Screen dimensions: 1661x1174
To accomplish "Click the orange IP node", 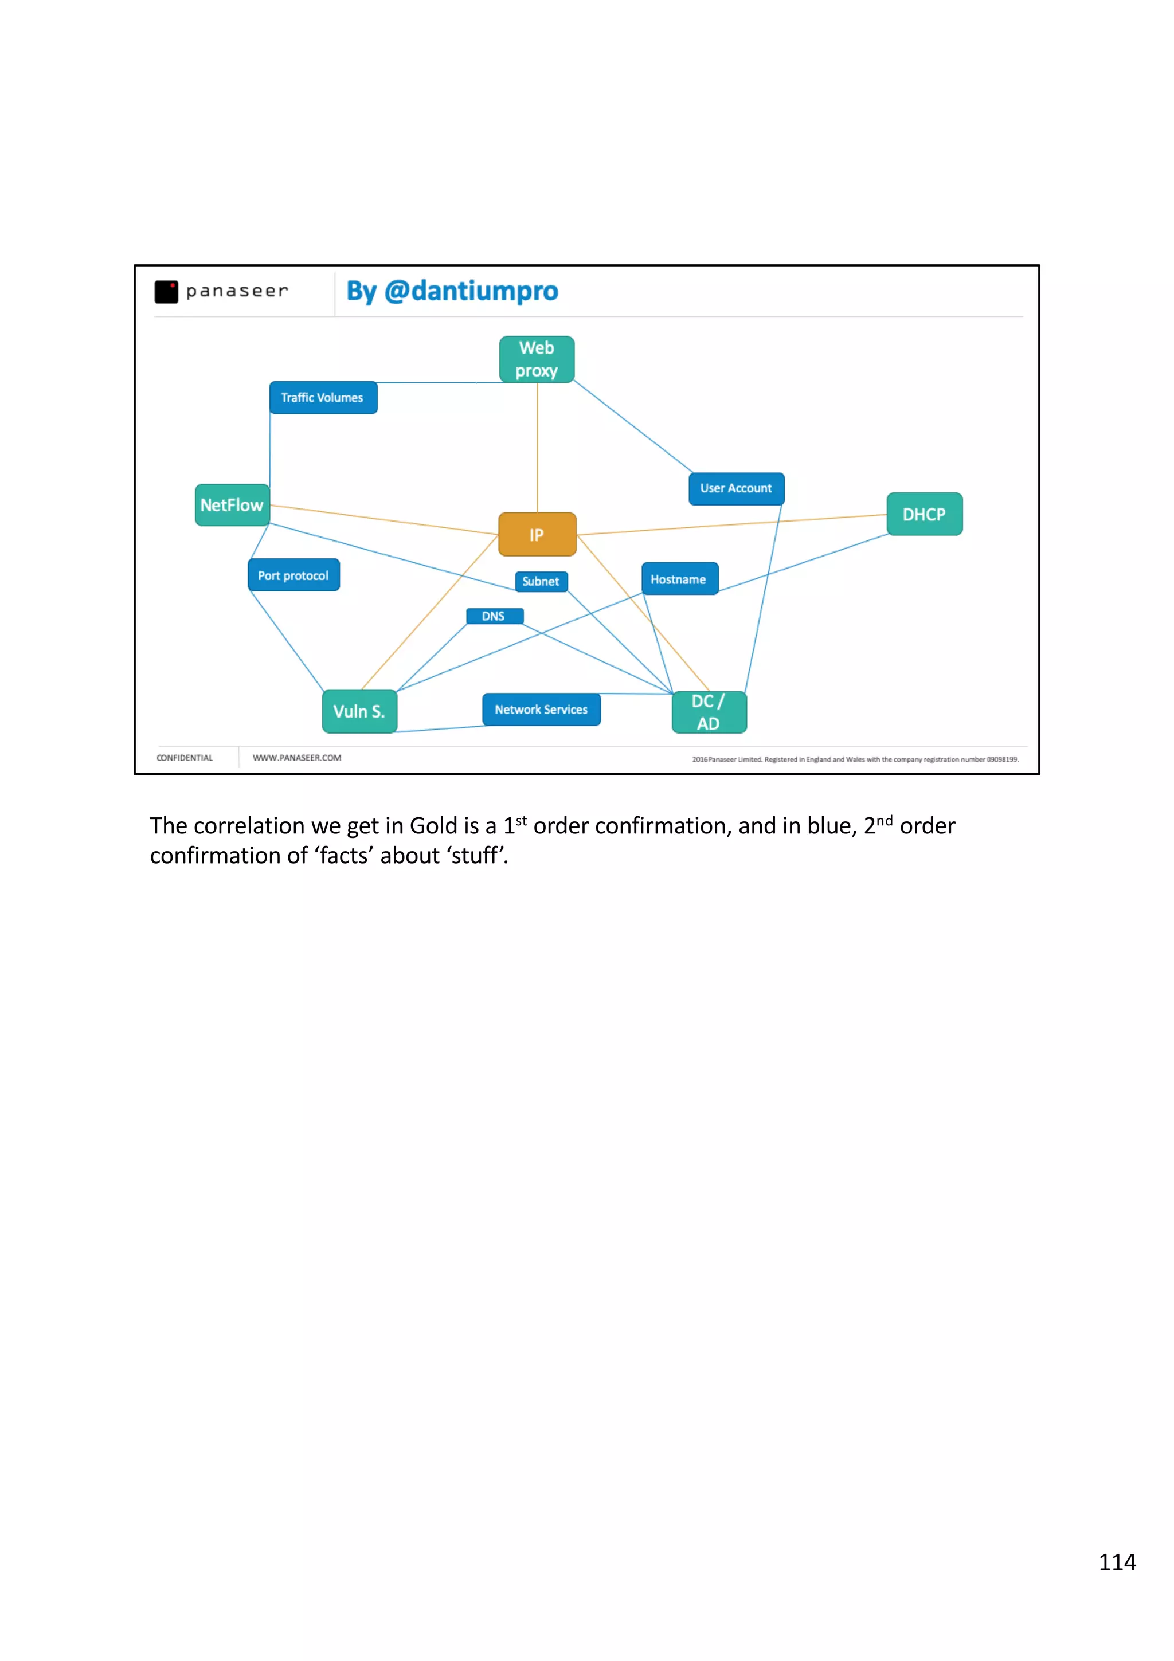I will (537, 535).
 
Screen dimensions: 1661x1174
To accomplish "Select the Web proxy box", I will (537, 359).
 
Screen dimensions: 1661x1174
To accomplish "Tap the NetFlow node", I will (232, 505).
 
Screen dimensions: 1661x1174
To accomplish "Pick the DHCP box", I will (923, 514).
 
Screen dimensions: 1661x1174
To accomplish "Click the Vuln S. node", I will (359, 711).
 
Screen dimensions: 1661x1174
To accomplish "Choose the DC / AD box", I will (709, 712).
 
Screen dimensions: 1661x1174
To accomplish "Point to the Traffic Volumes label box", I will (323, 398).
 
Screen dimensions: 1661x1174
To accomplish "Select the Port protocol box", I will (293, 575).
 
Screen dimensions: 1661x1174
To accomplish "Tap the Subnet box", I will (541, 581).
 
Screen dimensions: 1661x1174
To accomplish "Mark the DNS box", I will (494, 616).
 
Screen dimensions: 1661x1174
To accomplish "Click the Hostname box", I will (679, 579).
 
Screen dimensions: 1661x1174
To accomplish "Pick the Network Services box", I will (541, 710).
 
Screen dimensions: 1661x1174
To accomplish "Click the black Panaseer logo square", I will (166, 292).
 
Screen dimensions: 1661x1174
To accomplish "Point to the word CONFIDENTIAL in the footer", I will (185, 758).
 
